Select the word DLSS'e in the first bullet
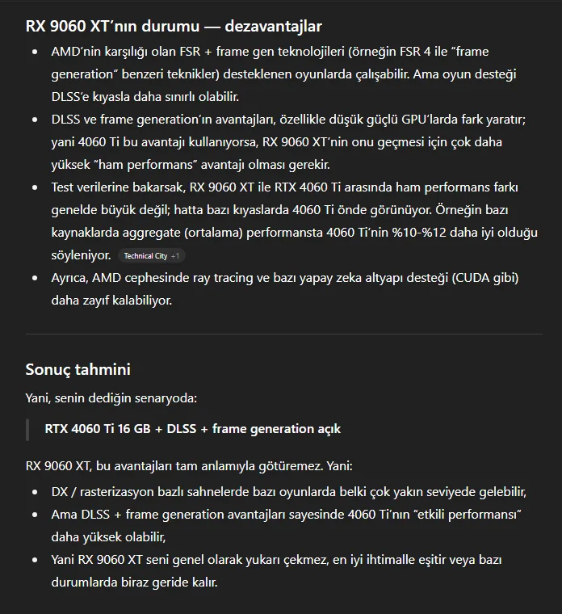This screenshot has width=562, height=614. tap(73, 97)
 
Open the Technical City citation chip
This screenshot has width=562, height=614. tap(145, 256)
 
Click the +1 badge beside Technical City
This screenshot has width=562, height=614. tap(176, 256)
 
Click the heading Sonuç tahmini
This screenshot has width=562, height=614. tap(78, 370)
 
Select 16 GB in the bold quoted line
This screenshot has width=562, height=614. tap(140, 428)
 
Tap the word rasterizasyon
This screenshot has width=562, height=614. tap(124, 491)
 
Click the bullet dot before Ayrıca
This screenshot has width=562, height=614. tap(34, 278)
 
